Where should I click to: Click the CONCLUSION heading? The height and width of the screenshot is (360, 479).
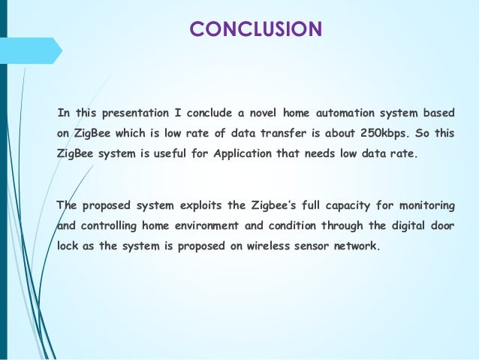click(x=255, y=29)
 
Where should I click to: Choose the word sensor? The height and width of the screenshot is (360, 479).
click(x=309, y=245)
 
